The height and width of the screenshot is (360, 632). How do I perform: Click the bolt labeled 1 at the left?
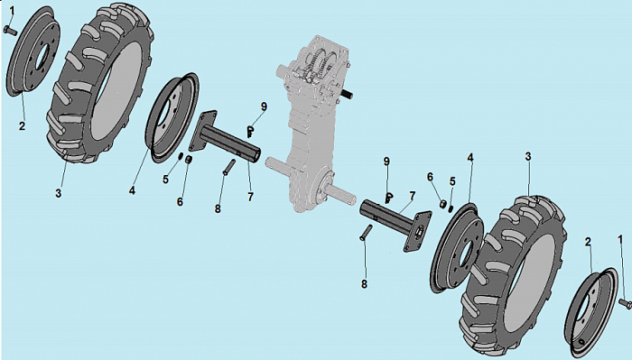(x=10, y=30)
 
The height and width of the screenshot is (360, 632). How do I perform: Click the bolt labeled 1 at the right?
(x=625, y=303)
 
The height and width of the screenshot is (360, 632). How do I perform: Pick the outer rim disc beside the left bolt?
(x=33, y=51)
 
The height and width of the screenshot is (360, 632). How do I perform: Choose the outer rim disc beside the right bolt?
(x=591, y=312)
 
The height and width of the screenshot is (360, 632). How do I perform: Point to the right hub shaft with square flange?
(x=396, y=225)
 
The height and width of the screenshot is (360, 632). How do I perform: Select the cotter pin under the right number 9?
(x=389, y=198)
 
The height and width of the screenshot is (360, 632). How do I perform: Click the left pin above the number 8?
(x=229, y=167)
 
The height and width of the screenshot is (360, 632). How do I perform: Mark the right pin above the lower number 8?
(x=367, y=233)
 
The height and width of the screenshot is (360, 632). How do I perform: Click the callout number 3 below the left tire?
(x=59, y=193)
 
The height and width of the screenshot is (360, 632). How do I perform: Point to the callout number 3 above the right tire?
(x=528, y=156)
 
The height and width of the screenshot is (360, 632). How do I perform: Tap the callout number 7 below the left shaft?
(x=251, y=197)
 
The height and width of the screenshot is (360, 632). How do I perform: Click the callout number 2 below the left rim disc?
(x=22, y=125)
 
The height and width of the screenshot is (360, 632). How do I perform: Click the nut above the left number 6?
(x=188, y=160)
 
